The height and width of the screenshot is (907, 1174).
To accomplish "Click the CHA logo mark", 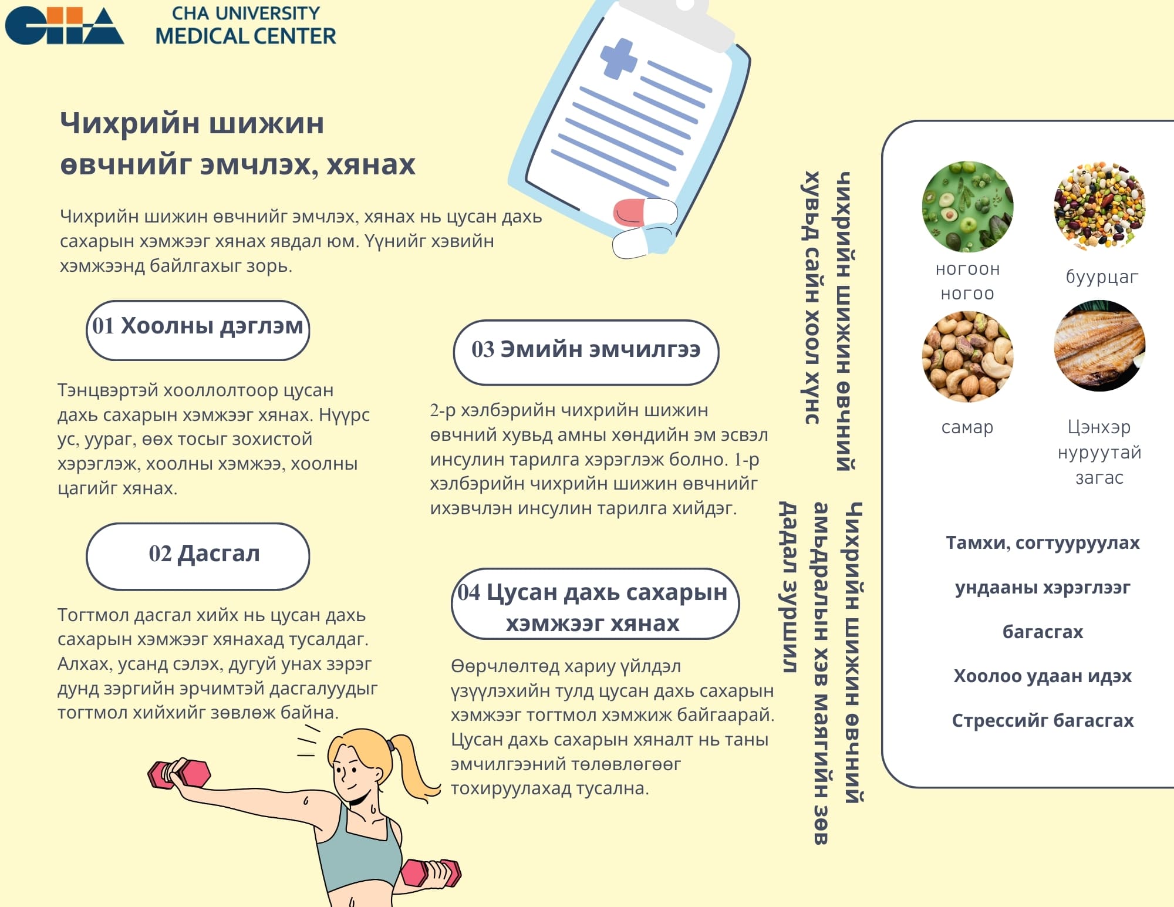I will point(64,26).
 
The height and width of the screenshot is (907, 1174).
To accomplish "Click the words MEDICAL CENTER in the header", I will point(245,36).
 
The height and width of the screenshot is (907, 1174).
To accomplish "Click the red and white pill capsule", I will point(645,213).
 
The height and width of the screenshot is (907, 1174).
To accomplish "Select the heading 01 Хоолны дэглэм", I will point(198,326).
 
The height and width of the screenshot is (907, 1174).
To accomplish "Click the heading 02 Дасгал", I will point(204,554).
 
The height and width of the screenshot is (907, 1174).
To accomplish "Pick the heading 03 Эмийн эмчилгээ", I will point(586,349).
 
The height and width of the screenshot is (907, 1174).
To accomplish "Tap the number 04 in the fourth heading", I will point(469,592).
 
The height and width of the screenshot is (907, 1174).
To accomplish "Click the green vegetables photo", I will point(967,207).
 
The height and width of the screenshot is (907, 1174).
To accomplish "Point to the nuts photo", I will point(967,356).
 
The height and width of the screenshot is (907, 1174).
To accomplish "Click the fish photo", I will point(1099,346).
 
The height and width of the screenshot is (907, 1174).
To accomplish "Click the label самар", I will point(967,427).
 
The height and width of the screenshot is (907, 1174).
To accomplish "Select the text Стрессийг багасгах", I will point(1043,720).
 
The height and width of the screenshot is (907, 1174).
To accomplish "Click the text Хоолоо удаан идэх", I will point(1043,676).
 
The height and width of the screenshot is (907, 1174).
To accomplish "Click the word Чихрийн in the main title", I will point(129,123).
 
